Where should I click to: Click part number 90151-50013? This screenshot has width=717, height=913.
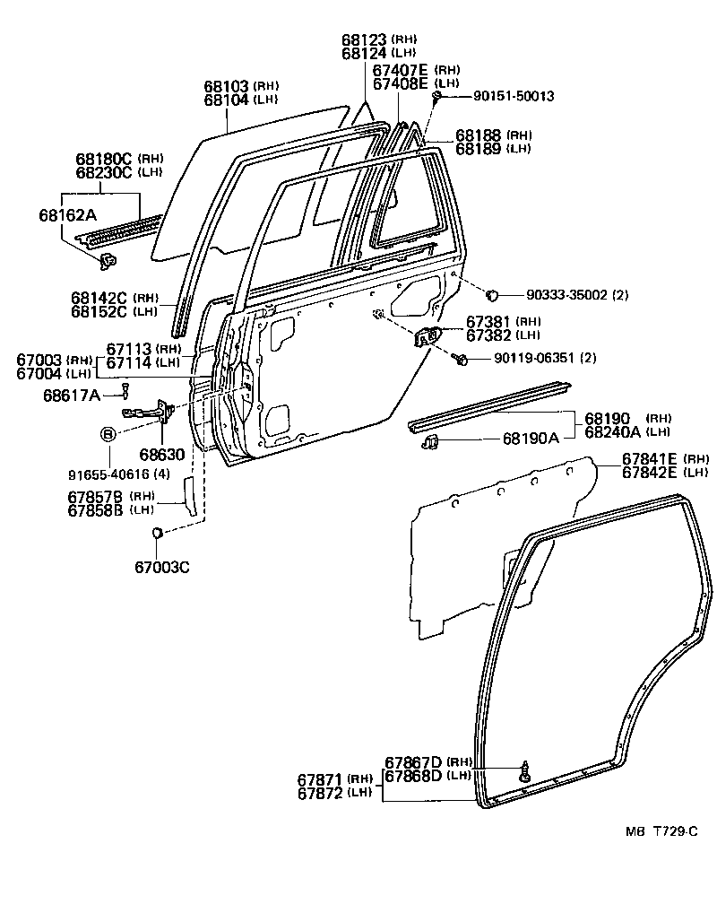coord(503,95)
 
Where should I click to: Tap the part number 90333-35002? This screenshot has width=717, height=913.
coord(568,293)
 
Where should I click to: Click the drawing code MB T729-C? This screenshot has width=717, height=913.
coord(661,831)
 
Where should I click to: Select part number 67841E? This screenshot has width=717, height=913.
coord(648,459)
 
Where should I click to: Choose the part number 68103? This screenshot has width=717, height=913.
coord(227,86)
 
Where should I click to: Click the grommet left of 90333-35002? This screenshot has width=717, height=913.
coord(492,293)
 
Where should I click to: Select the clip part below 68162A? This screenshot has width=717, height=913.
coord(110,261)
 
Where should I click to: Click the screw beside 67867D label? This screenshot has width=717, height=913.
coord(524,769)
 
